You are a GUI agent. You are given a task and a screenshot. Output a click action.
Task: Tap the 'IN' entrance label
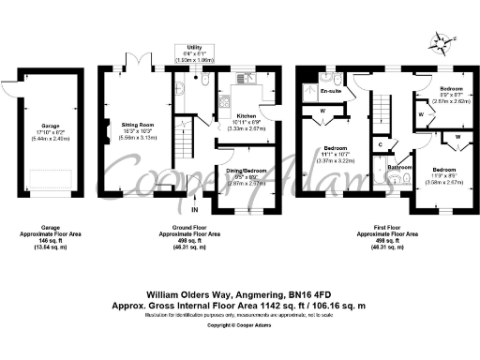coord(194,195)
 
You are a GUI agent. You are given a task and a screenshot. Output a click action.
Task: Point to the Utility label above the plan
coord(194,47)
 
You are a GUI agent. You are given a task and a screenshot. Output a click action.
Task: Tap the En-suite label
coord(331,91)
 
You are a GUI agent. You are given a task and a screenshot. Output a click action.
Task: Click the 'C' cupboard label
coord(379,143)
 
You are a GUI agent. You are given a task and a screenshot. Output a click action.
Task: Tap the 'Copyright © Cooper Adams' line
coord(239,311)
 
